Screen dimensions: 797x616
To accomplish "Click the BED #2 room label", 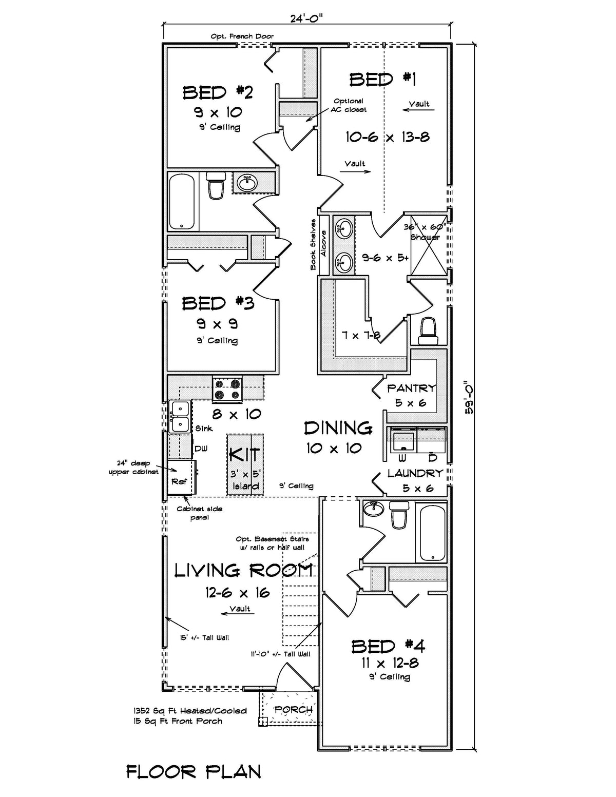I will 218,93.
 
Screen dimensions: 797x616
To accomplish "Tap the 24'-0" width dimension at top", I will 306,18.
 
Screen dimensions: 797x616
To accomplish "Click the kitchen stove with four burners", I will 227,389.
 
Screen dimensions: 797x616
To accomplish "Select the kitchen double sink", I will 179,416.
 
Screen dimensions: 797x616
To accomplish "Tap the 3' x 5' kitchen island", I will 245,465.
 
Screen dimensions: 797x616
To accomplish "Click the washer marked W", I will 402,441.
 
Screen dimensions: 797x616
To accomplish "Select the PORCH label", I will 293,710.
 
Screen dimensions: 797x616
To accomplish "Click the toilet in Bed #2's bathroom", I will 216,185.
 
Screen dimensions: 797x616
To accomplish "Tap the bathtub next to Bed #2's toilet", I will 181,201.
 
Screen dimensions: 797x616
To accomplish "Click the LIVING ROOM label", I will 243,570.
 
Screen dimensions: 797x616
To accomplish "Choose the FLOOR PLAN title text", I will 194,771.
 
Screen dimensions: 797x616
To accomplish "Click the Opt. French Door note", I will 242,36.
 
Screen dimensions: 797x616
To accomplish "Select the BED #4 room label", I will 388,647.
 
